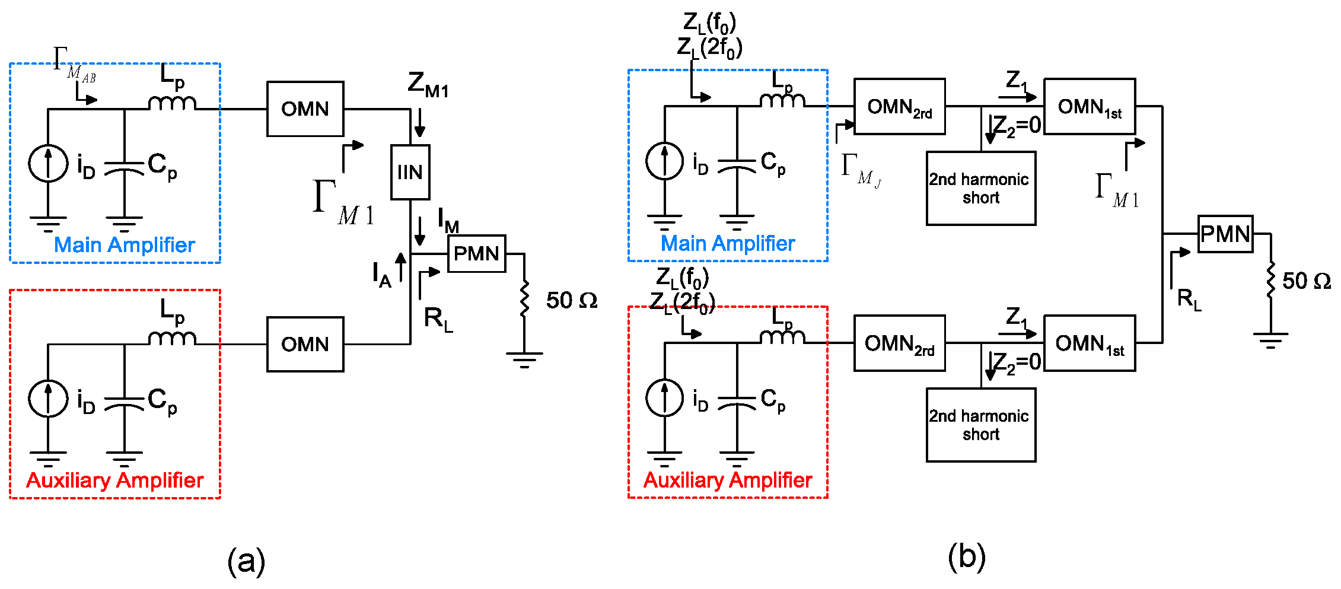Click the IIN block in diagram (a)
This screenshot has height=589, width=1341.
[x=410, y=172]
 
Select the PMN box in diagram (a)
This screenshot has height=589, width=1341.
[x=476, y=254]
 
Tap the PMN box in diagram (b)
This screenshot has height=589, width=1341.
[x=1225, y=234]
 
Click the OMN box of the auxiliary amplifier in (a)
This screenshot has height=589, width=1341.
[x=305, y=344]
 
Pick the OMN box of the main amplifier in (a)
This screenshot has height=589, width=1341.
[x=305, y=109]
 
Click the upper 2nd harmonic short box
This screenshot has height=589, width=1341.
[x=980, y=188]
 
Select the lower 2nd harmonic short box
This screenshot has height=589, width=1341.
[x=980, y=425]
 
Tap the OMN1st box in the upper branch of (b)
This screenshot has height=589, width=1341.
[x=1089, y=107]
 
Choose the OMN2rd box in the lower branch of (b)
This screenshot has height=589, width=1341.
[x=899, y=343]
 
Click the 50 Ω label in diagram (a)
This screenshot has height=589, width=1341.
[x=571, y=300]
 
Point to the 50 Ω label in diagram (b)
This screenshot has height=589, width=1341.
[x=1306, y=281]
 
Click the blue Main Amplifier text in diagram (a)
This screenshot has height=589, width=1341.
[x=124, y=245]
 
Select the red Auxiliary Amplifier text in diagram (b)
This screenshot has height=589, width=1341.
[x=727, y=480]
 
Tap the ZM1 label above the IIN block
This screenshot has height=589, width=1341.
[x=428, y=84]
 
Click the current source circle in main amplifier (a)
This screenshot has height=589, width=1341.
[x=48, y=163]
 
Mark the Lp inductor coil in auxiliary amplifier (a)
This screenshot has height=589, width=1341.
[x=172, y=339]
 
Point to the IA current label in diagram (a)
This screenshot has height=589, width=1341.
[x=381, y=275]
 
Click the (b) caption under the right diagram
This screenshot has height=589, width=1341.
[x=966, y=557]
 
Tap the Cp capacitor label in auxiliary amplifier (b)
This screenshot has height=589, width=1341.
[x=773, y=400]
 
